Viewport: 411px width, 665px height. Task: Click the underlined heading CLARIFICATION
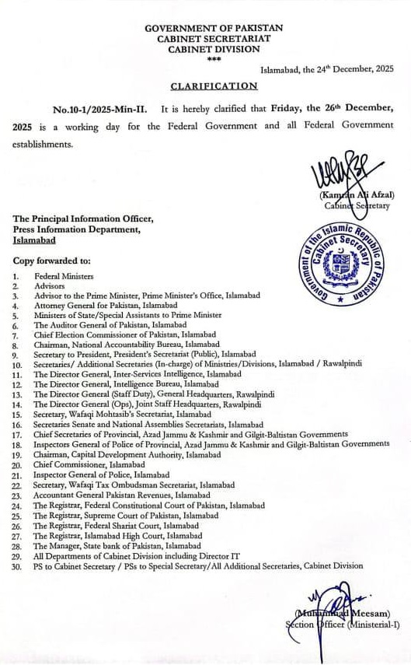(214, 86)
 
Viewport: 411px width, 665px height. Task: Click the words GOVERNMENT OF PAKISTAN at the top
(214, 28)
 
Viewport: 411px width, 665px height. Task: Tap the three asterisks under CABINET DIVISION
(214, 59)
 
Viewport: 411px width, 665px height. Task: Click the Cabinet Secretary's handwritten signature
(342, 173)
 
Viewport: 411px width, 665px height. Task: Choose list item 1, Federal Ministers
(64, 276)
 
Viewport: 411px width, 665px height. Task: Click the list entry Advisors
(50, 286)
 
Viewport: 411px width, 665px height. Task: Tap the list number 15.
(17, 415)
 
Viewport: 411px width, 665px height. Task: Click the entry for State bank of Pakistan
(116, 545)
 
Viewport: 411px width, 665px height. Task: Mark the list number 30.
(17, 565)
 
